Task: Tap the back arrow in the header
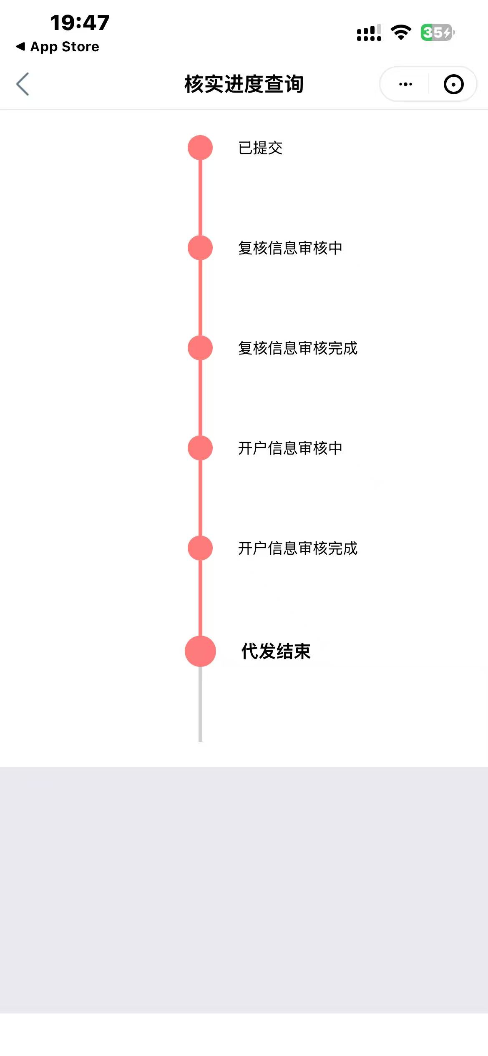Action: pos(23,84)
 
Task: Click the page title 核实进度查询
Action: pos(244,84)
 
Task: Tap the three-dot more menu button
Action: pos(405,84)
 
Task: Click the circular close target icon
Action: pos(454,84)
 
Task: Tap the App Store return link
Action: pos(58,47)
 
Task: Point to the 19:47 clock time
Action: pos(80,23)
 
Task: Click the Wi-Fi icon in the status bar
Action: pos(401,33)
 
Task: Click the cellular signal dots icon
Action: pos(369,33)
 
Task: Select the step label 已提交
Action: pos(260,148)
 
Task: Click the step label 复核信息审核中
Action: pos(290,248)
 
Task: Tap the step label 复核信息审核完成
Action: pos(298,348)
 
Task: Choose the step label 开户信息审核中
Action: pos(290,448)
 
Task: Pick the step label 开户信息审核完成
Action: pos(298,548)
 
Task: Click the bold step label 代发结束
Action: pos(276,651)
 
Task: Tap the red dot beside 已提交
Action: pos(200,148)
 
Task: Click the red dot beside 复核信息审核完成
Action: pos(200,348)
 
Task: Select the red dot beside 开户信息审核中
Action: pos(200,448)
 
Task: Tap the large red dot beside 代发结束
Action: pos(200,651)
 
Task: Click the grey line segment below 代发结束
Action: pos(200,704)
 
